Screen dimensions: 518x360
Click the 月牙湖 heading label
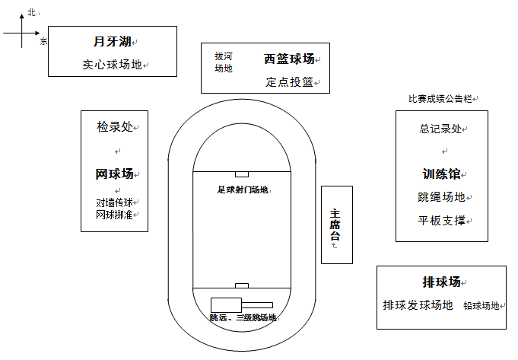pos(113,42)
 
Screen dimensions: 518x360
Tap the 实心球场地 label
pos(113,65)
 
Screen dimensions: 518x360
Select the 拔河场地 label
pos(224,62)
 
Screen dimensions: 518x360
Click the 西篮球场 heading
pos(289,59)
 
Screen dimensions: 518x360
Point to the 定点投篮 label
pos(289,82)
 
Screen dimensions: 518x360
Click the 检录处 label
pos(115,126)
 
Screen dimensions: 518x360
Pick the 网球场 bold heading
pos(114,174)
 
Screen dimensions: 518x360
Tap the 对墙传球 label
pos(114,202)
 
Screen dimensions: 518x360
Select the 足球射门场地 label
pos(243,190)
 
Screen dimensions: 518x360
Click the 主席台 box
pos(337,225)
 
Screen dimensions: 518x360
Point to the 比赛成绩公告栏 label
pos(440,99)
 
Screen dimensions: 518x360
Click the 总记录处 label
pos(440,129)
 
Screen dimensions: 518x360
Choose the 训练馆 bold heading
pos(441,174)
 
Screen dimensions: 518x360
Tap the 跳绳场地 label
pos(441,197)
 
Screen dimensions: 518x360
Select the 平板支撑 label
pos(441,221)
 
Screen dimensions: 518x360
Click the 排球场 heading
pos(441,282)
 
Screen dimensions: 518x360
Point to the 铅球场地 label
pos(481,306)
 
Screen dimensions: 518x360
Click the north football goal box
pos(242,174)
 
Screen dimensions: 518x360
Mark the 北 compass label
pos(32,13)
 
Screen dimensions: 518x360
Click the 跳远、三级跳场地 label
pos(243,317)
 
